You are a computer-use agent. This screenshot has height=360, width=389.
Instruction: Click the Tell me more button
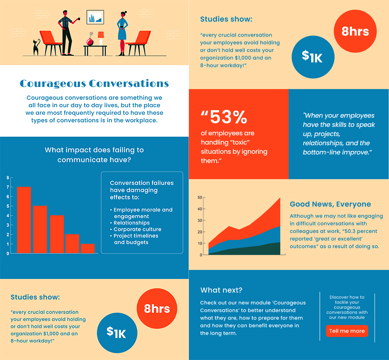[347, 331]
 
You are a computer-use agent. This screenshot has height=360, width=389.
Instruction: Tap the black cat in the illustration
[36, 47]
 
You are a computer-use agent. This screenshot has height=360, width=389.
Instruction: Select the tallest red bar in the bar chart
[24, 220]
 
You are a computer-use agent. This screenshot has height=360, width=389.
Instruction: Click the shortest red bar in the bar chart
[88, 248]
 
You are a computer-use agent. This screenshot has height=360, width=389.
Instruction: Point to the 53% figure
[228, 117]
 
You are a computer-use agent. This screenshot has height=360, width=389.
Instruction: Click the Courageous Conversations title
[94, 84]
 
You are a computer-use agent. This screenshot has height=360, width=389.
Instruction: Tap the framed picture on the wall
[95, 17]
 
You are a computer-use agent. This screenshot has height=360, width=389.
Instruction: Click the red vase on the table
[90, 41]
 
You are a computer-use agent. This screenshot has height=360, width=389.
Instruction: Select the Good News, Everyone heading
[330, 204]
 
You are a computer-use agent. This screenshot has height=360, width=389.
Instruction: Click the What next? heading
[221, 290]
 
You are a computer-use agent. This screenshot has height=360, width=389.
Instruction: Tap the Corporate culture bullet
[137, 229]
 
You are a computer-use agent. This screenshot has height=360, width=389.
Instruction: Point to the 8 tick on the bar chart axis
[8, 177]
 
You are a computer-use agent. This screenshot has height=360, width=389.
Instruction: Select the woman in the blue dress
[122, 33]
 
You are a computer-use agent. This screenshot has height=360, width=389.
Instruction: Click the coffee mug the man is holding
[79, 19]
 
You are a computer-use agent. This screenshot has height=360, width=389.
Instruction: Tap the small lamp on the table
[101, 38]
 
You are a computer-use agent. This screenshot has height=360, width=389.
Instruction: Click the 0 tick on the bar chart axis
[8, 253]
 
